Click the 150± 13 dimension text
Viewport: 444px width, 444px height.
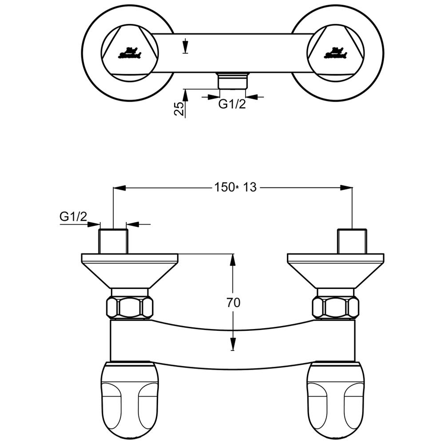pyautogui.click(x=236, y=187)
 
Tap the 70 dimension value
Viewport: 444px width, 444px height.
pyautogui.click(x=233, y=303)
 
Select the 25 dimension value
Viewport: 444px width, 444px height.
pyautogui.click(x=179, y=109)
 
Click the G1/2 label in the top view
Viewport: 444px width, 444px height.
pyautogui.click(x=232, y=105)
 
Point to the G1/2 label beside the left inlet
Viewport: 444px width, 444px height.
pyautogui.click(x=73, y=217)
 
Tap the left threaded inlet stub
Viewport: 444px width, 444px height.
pyautogui.click(x=113, y=242)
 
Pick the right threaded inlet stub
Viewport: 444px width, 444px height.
pyautogui.click(x=352, y=242)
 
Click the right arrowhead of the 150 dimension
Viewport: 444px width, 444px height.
pyautogui.click(x=347, y=188)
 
